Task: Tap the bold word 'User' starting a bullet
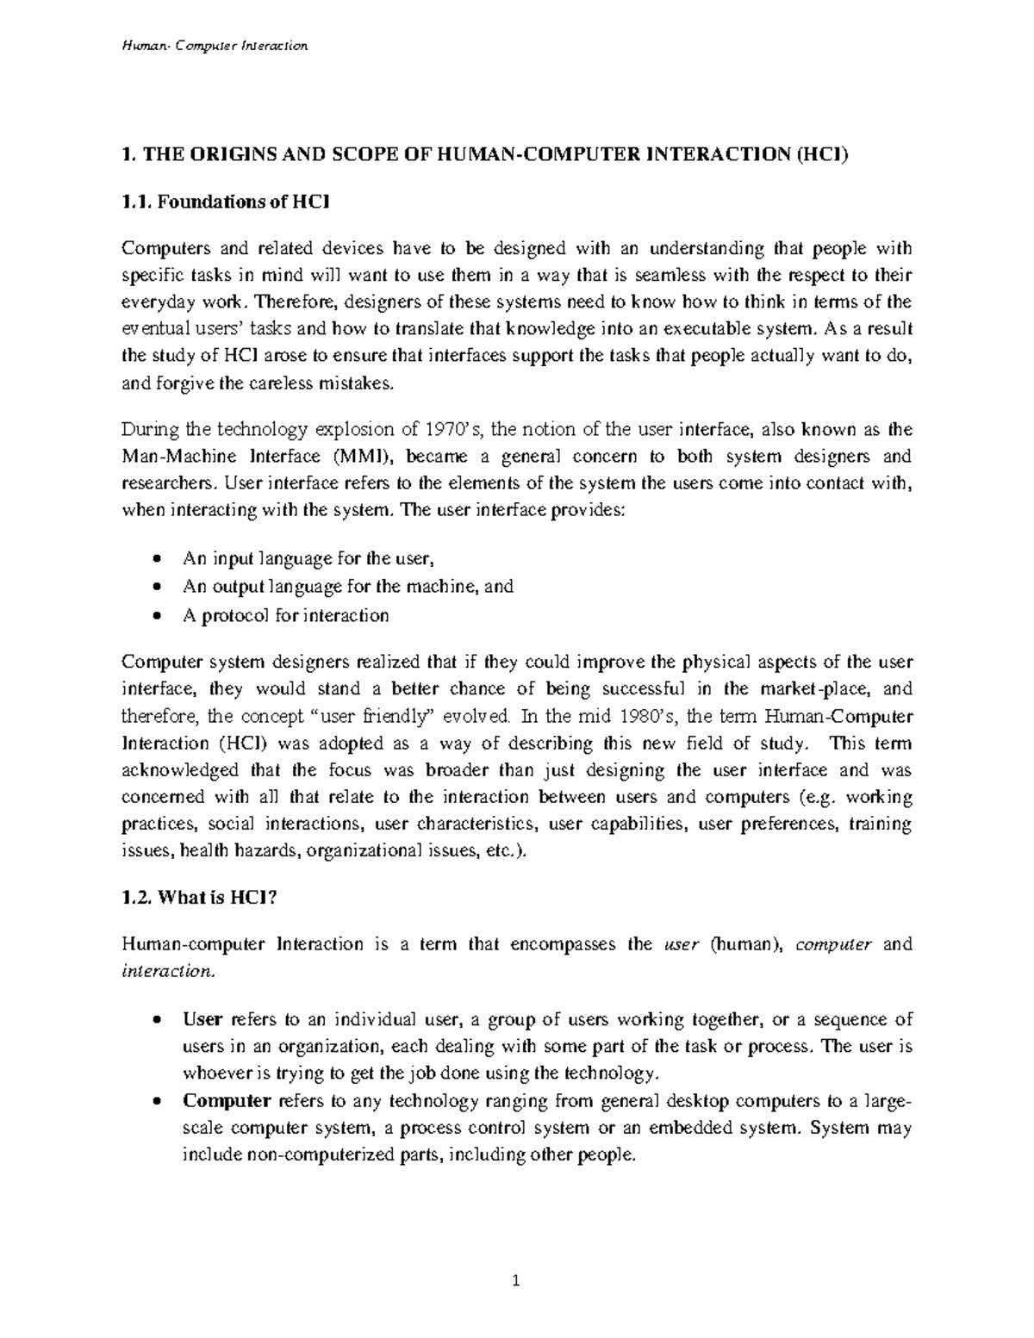[x=202, y=1020]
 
